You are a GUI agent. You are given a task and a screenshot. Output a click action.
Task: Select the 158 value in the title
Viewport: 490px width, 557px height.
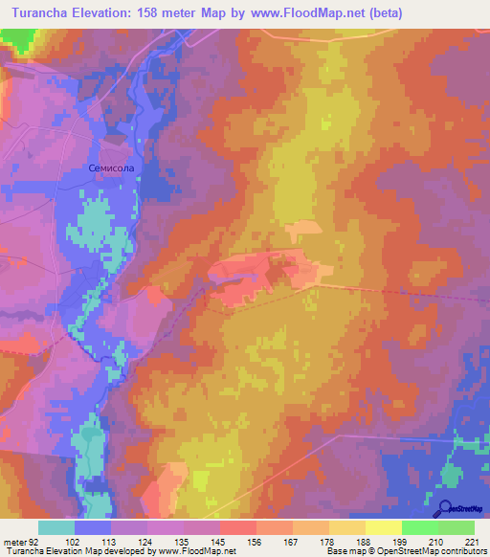pos(156,13)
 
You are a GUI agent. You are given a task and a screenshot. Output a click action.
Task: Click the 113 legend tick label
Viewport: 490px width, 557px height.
pos(98,541)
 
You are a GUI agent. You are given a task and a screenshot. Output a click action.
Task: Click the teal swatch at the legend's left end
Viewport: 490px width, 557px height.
pos(56,527)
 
